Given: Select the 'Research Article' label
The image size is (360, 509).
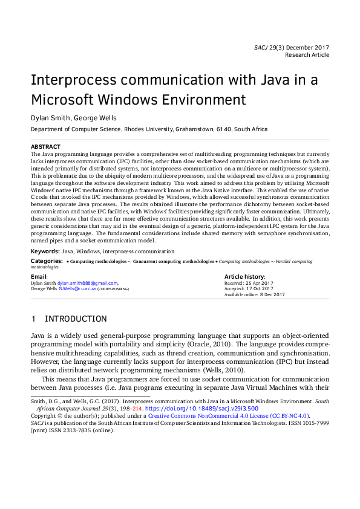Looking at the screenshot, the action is [309, 54].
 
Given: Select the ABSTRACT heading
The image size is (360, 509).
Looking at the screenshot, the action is [45, 147].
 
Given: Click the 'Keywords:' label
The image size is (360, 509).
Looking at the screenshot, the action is [45, 251].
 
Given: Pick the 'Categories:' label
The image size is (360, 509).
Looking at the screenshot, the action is [47, 261].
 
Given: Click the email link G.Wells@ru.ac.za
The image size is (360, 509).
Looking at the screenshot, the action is [76, 288].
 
